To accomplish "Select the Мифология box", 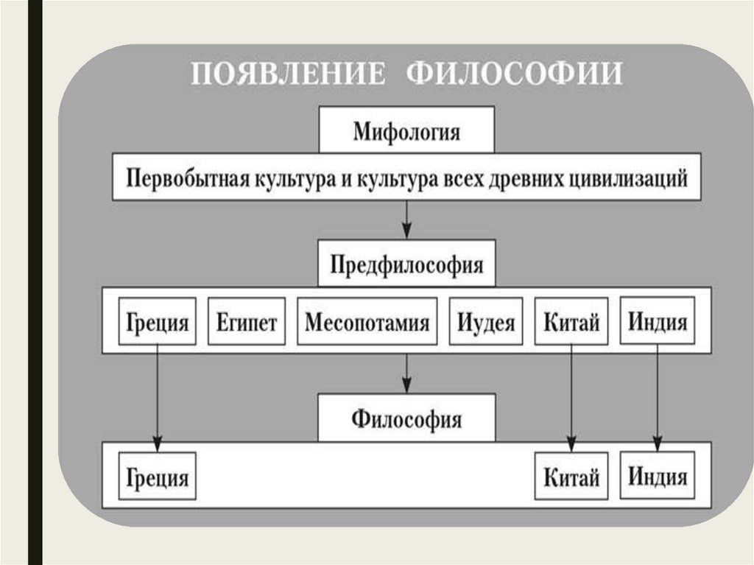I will (x=406, y=133).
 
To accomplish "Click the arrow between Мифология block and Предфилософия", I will (x=406, y=219).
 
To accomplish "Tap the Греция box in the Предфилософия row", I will (x=158, y=322).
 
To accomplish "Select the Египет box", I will (x=247, y=322).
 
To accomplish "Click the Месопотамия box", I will (x=367, y=322).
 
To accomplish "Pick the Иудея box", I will (x=485, y=322).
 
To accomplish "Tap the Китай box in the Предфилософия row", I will (x=571, y=322).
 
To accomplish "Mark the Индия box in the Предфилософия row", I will (x=658, y=320).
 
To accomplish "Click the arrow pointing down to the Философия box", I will (x=406, y=373).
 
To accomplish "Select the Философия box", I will (x=406, y=419).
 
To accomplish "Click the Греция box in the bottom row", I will (x=158, y=477).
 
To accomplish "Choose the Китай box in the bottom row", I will (x=571, y=477).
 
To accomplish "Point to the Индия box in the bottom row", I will (x=658, y=475).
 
